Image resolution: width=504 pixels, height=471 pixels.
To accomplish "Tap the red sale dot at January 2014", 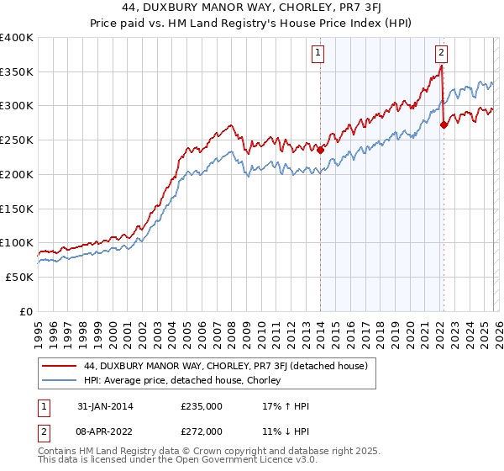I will pos(320,151).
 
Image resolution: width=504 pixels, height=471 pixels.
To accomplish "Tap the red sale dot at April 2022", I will pos(444,125).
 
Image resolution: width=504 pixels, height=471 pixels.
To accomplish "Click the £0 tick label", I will pos(26,311).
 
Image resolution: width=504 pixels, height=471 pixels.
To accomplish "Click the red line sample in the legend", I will pos(60,366).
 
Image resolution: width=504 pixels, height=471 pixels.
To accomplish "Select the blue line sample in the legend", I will pos(60,380).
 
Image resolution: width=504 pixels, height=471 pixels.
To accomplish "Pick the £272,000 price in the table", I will pos(202,431).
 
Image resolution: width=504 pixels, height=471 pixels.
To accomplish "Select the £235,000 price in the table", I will pos(202,406).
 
